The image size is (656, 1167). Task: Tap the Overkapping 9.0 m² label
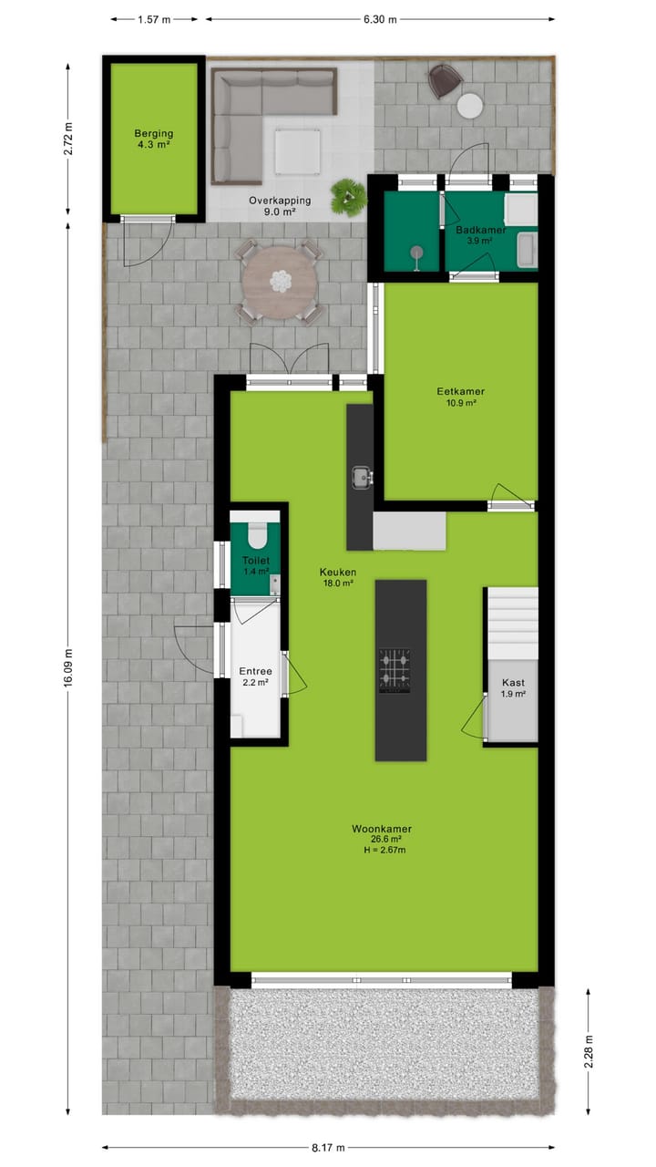[281, 205]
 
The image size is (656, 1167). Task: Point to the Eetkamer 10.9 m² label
[460, 397]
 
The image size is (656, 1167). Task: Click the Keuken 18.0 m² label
[337, 577]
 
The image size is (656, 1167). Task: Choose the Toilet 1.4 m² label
[256, 565]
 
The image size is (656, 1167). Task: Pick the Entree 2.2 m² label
[256, 676]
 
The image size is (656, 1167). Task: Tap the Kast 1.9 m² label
[513, 687]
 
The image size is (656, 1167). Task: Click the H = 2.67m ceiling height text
[382, 850]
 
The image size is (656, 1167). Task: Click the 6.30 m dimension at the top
[378, 18]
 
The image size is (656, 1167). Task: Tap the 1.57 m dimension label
[155, 18]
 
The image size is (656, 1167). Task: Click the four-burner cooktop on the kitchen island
[395, 671]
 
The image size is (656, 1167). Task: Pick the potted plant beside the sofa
[347, 195]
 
